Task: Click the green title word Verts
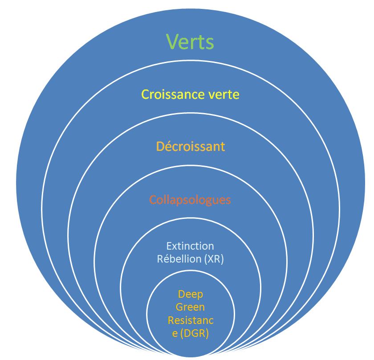click(190, 42)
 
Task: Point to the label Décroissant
click(191, 146)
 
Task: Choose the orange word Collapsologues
click(190, 200)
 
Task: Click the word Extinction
click(190, 246)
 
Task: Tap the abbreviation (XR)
click(213, 259)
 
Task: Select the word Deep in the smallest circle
click(190, 294)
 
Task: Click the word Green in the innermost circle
click(190, 307)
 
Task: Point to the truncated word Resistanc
click(191, 320)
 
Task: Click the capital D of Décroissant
click(160, 146)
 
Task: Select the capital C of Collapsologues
click(153, 200)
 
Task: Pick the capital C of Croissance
click(145, 94)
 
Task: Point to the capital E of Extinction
click(169, 246)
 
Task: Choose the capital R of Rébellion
click(160, 259)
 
